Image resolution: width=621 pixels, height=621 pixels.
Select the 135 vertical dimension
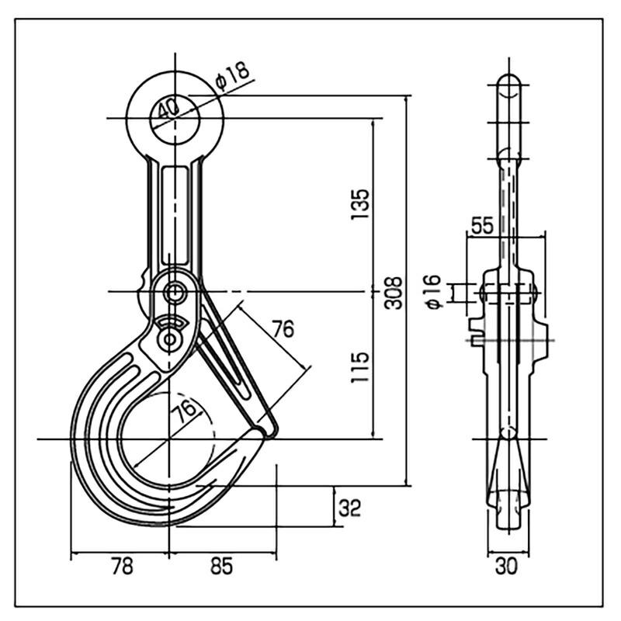pos(359,204)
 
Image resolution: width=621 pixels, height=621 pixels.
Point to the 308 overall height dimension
pos(395,292)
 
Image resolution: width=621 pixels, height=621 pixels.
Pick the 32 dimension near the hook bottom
pos(350,508)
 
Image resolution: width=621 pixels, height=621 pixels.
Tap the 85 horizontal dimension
pos(221,567)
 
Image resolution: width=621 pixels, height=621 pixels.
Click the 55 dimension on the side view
pos(482,226)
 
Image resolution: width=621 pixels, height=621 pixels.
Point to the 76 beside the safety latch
pos(283,329)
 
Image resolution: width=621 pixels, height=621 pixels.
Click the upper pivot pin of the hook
pos(175,293)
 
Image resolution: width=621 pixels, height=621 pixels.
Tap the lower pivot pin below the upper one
pos(169,339)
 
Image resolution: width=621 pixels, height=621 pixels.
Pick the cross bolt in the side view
pos(508,293)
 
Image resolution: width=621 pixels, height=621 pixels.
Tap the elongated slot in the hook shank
pos(175,213)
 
